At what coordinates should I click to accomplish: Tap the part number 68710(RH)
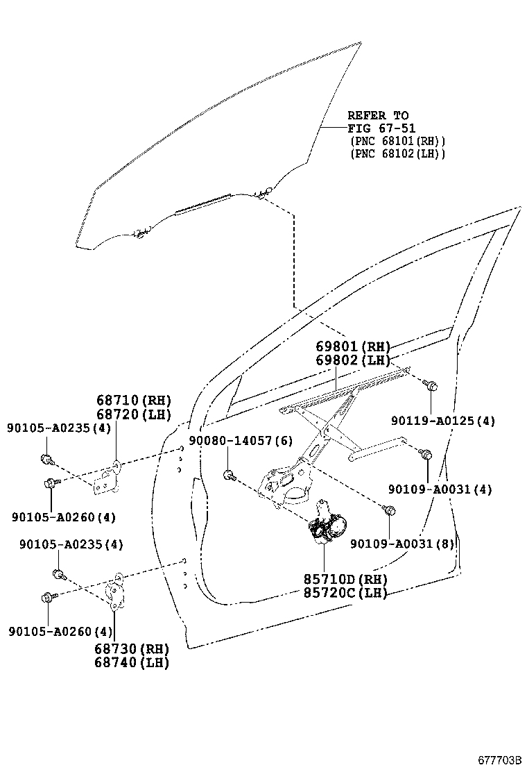point(134,401)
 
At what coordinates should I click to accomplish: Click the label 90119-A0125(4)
point(442,421)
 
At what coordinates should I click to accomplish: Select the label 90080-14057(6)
point(240,442)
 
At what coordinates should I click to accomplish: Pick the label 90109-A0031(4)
point(440,489)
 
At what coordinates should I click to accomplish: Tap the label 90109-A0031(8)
point(402,544)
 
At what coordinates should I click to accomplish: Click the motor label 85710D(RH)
point(345,580)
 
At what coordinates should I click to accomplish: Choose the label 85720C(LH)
point(345,593)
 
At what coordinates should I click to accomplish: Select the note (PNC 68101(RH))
point(398,141)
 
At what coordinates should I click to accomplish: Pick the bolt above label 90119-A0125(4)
point(431,385)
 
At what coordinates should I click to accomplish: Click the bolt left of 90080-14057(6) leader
point(229,476)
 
